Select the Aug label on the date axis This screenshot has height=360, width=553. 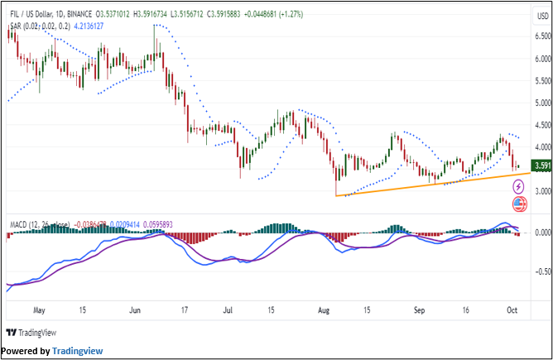click(x=324, y=311)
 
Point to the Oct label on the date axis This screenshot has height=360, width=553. click(x=512, y=311)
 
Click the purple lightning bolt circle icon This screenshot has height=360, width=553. click(x=519, y=188)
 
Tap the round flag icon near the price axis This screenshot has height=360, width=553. click(x=519, y=204)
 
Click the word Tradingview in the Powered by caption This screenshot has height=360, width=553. click(x=77, y=351)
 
